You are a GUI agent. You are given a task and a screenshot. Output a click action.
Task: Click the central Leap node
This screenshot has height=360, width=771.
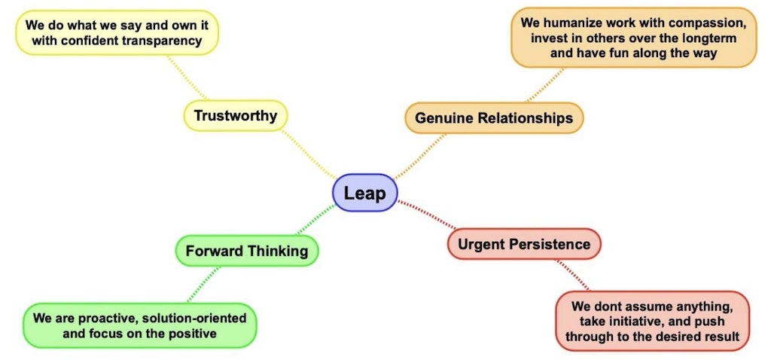[364, 193]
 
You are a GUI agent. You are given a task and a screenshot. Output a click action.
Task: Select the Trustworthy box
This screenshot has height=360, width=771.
[235, 115]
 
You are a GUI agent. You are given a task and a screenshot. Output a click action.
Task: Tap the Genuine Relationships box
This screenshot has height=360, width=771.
[493, 117]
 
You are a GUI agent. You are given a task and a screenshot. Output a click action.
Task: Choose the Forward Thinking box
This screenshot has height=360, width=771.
[246, 251]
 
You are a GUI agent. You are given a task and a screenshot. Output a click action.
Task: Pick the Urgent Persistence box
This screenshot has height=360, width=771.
[524, 244]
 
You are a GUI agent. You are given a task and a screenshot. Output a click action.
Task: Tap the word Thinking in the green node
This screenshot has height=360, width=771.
[279, 251]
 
